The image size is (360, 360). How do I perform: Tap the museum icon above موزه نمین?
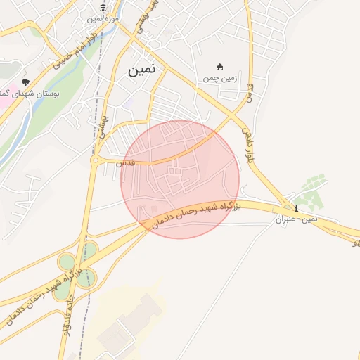pos(103,8)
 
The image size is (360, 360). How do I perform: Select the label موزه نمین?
pos(103,18)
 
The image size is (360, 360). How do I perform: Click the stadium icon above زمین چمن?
pos(219,67)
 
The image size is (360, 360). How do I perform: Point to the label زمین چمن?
pos(219,78)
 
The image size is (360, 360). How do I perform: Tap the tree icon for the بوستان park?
pos(25,82)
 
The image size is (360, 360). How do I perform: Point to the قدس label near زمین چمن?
pos(247,91)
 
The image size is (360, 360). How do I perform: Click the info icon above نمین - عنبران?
pos(296,208)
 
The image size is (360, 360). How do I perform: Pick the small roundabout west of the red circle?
pos(95,160)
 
